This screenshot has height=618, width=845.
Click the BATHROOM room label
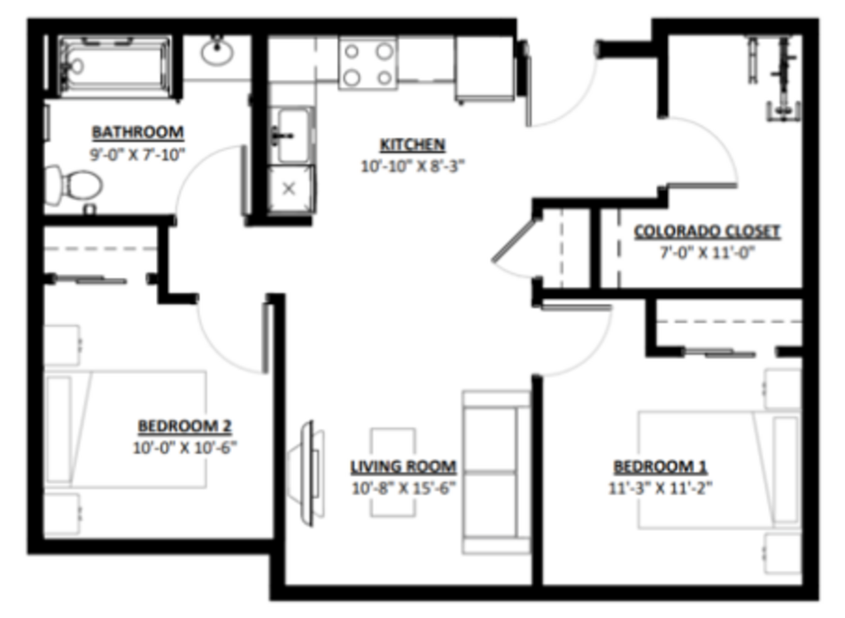click(138, 132)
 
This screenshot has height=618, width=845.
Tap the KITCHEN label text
click(413, 145)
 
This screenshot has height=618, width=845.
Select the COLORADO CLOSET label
click(707, 231)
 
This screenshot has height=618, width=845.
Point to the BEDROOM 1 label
click(661, 466)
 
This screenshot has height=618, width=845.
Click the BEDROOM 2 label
click(185, 426)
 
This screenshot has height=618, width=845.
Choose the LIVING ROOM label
click(404, 466)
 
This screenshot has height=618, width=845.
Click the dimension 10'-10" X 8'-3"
click(413, 166)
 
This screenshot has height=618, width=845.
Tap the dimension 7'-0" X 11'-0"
click(707, 253)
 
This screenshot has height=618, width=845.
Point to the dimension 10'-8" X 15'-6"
click(404, 488)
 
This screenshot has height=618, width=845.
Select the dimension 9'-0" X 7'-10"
click(137, 154)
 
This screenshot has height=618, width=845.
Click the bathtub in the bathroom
click(115, 66)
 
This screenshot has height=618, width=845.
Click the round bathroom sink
click(217, 52)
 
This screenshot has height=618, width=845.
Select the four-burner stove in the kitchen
click(368, 64)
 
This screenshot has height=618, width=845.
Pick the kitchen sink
click(291, 135)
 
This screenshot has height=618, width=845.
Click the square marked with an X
click(290, 189)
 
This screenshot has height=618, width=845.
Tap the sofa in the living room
click(496, 472)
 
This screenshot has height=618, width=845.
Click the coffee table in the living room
click(393, 473)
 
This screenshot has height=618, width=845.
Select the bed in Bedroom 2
click(125, 429)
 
